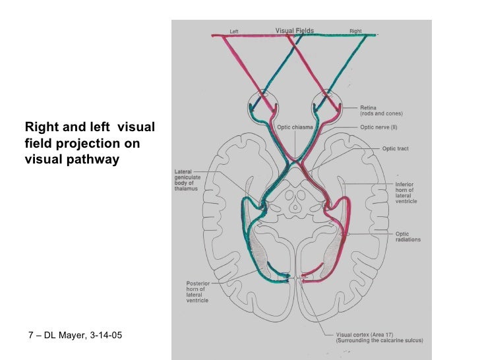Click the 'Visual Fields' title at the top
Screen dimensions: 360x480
294,30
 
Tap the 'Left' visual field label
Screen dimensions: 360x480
233,31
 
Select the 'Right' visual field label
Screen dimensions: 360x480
355,31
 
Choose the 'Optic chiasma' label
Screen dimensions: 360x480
295,127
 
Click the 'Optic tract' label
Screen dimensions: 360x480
396,149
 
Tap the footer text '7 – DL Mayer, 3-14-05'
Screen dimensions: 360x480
76,336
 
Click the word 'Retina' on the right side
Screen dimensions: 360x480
369,107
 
